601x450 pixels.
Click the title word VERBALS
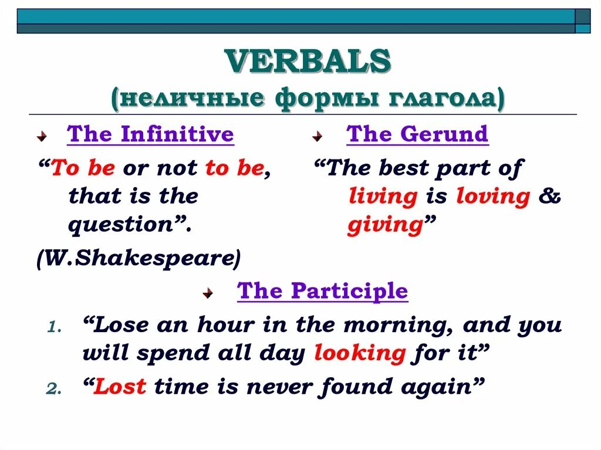308,61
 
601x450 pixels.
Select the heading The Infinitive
150,134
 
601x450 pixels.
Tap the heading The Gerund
417,134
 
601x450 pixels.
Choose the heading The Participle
322,291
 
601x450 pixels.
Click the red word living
383,197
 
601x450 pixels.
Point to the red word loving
493,197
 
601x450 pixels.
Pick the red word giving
386,225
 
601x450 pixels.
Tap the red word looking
360,353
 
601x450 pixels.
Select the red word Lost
120,386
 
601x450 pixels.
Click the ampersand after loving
549,195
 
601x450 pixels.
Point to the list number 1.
54,327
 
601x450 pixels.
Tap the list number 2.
54,389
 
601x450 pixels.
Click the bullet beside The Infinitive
42,136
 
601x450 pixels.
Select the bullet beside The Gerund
317,136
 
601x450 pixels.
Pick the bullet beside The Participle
208,293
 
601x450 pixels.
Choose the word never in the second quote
280,387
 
